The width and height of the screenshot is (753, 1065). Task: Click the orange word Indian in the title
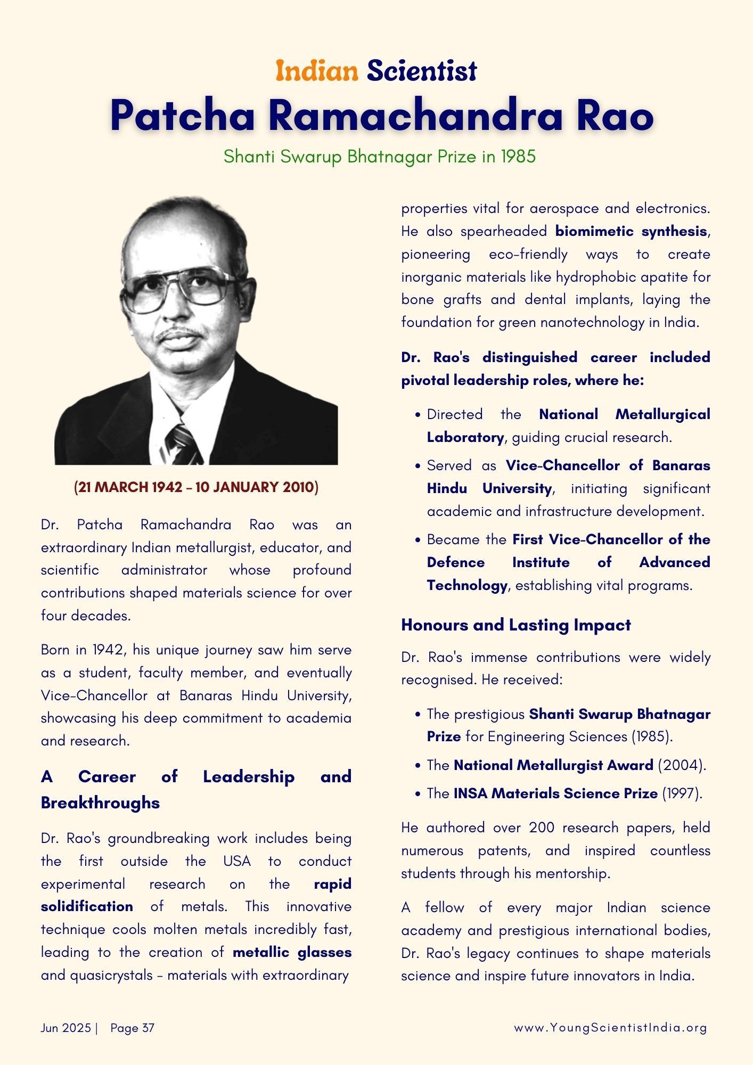(317, 71)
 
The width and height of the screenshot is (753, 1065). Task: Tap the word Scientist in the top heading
(422, 71)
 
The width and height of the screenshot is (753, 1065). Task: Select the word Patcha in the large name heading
(183, 116)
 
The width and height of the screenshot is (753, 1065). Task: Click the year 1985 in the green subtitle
(518, 157)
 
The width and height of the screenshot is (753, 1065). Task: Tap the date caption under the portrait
(196, 487)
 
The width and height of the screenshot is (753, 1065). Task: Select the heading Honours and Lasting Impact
(515, 625)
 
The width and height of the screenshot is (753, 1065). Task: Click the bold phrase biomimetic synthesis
(631, 231)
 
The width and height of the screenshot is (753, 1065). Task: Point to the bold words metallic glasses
(292, 953)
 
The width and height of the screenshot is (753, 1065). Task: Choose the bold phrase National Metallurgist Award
(553, 765)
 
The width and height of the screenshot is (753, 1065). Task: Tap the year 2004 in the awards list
(682, 765)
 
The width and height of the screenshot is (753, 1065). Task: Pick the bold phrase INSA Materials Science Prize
(555, 793)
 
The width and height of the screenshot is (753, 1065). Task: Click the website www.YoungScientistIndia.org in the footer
(610, 1028)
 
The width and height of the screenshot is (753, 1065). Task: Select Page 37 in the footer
(132, 1028)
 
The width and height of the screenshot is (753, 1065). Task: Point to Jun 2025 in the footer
(66, 1028)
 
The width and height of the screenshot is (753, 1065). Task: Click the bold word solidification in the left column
(87, 906)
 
